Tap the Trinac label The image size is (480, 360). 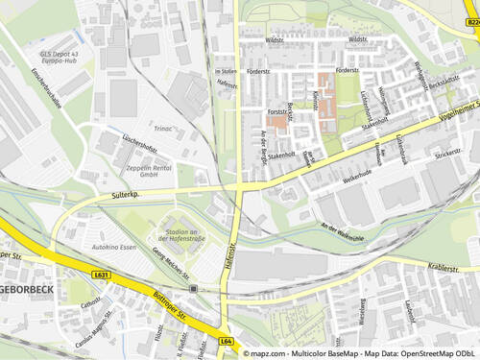tap(163, 127)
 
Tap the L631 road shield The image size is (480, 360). tap(102, 275)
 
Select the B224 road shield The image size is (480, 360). tap(472, 20)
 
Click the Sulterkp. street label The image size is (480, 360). tap(126, 195)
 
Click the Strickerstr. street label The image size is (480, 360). tap(447, 153)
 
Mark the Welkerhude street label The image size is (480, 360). tap(356, 179)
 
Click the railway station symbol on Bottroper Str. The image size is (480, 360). tap(193, 288)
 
